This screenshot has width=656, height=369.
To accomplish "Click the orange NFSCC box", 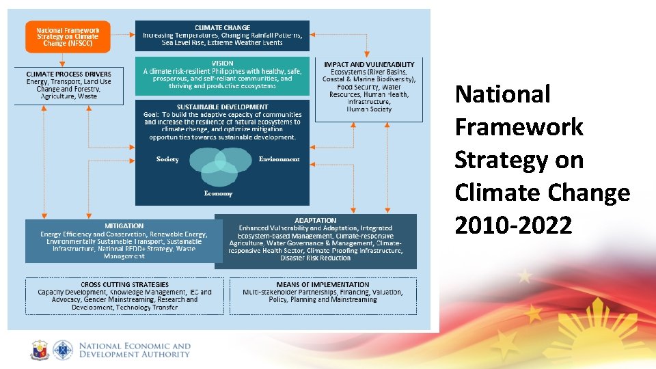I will (x=68, y=37).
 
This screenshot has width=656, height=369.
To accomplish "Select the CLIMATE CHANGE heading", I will (x=222, y=27).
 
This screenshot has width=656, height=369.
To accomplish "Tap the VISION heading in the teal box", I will (x=222, y=63).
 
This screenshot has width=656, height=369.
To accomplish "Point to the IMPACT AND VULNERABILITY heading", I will (x=368, y=64).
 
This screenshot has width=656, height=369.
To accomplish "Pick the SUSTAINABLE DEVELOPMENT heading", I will (x=222, y=107).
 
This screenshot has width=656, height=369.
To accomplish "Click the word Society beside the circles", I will (x=167, y=159).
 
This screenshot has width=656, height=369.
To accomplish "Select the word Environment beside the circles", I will (x=279, y=159).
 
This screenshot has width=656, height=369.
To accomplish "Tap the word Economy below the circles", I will (x=218, y=193).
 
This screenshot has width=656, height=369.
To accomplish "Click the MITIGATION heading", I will (x=124, y=225).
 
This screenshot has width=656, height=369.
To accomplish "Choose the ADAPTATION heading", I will (x=315, y=220).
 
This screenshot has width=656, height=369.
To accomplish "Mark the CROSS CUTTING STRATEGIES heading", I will (x=124, y=284).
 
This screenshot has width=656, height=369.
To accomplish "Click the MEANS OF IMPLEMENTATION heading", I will (x=323, y=284).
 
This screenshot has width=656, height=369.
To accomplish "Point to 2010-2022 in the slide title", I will (x=513, y=225).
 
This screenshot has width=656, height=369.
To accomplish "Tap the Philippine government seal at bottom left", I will (x=40, y=351).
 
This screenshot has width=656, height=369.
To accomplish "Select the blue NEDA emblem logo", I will (x=63, y=351).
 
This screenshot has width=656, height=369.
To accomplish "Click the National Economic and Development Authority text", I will (x=135, y=351).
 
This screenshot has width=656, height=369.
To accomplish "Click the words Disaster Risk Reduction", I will (x=315, y=258).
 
